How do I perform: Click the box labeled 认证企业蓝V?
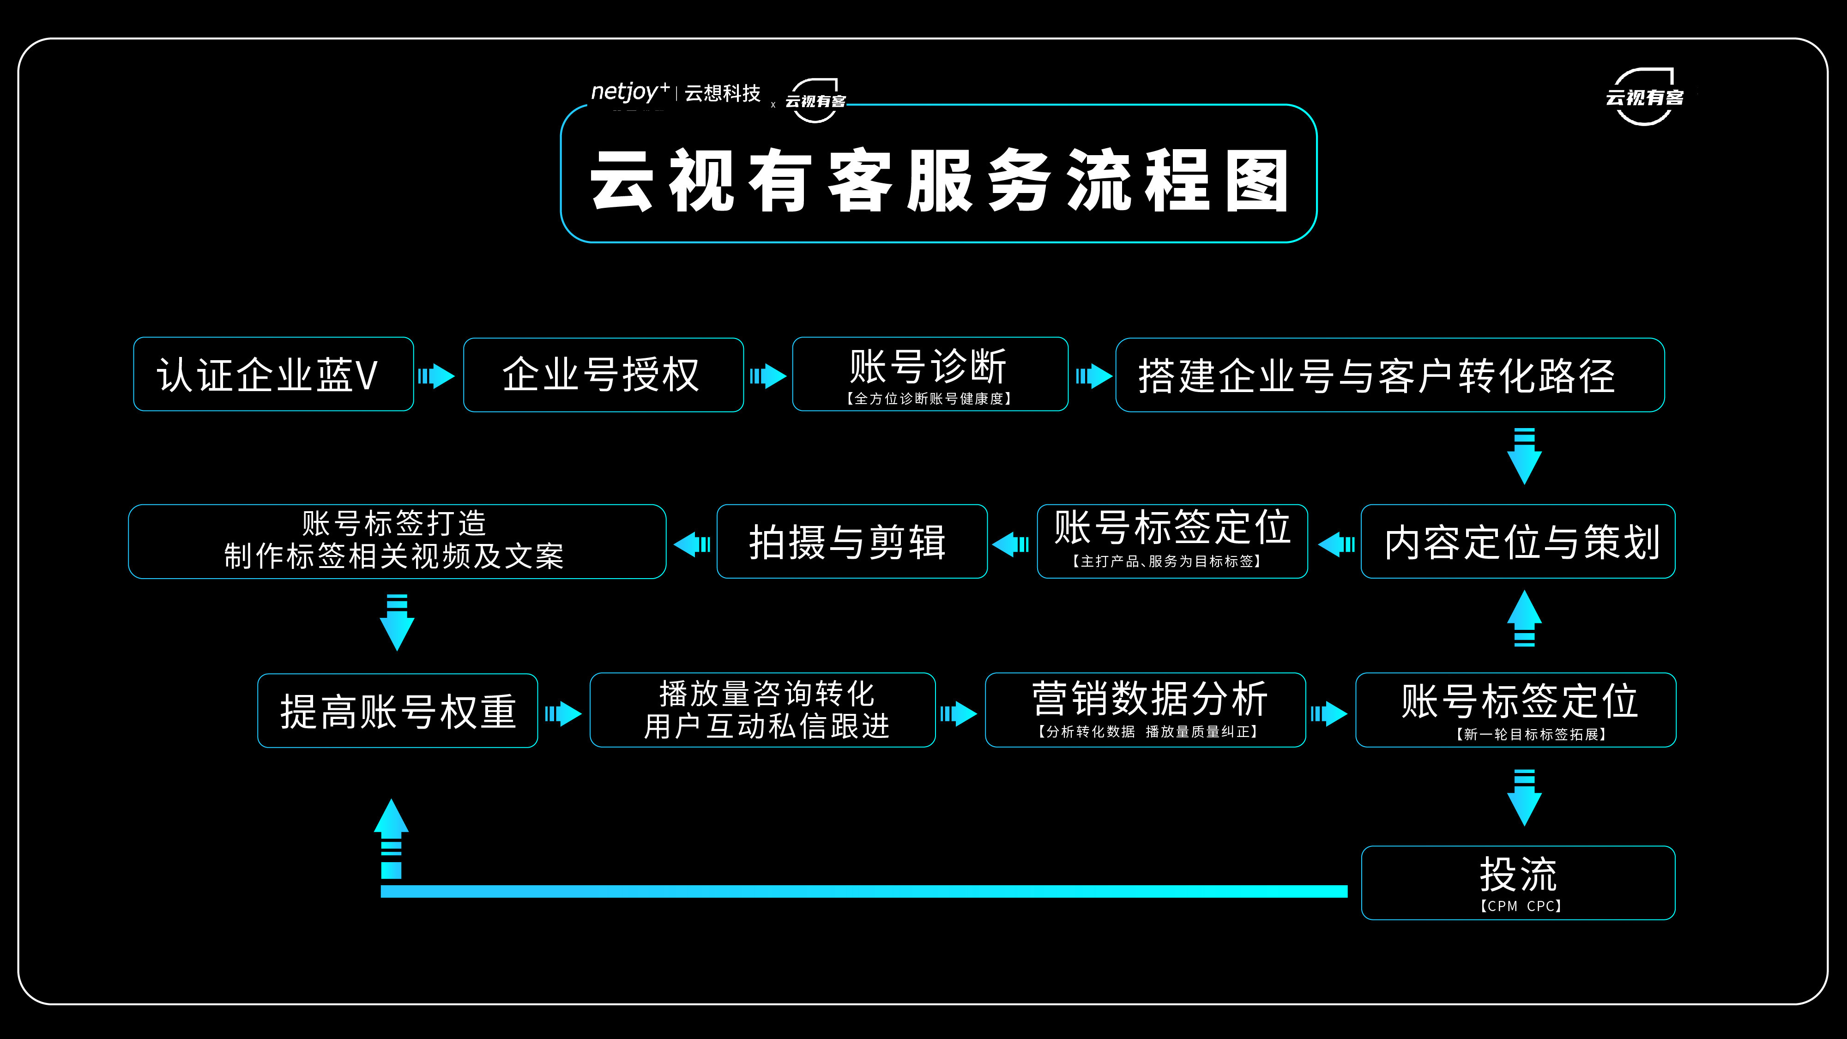point(273,375)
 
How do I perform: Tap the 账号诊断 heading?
point(929,366)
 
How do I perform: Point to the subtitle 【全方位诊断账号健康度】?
point(929,399)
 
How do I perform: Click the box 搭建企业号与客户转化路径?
point(1389,375)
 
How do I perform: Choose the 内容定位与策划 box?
point(1518,541)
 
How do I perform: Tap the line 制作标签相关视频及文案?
point(394,556)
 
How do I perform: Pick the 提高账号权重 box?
point(398,711)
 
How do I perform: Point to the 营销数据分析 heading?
point(1149,699)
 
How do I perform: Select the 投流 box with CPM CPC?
point(1518,882)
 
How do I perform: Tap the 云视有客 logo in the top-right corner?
point(1644,97)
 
